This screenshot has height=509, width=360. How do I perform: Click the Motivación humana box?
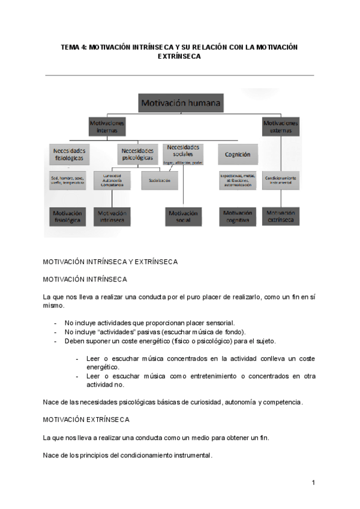click(181, 103)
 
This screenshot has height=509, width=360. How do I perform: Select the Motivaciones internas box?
click(108, 126)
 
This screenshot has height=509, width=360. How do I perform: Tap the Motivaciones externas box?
click(280, 126)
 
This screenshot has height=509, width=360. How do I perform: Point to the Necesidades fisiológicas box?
click(69, 154)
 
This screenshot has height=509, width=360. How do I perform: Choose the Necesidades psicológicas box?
click(137, 154)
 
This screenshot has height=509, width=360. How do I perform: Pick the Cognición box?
click(238, 154)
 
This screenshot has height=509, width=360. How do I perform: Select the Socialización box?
click(159, 181)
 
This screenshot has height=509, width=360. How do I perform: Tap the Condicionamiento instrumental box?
click(280, 181)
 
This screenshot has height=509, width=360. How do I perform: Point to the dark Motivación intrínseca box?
click(112, 217)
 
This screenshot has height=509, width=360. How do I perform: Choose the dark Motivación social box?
click(183, 217)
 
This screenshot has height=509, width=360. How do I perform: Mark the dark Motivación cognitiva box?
click(238, 217)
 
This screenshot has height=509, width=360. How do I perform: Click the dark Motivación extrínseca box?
click(280, 217)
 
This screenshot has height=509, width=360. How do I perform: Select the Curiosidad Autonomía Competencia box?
click(112, 181)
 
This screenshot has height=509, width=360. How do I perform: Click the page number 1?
click(313, 483)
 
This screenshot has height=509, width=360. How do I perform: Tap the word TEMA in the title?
click(71, 46)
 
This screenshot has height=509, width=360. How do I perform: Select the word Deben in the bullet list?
click(75, 341)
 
